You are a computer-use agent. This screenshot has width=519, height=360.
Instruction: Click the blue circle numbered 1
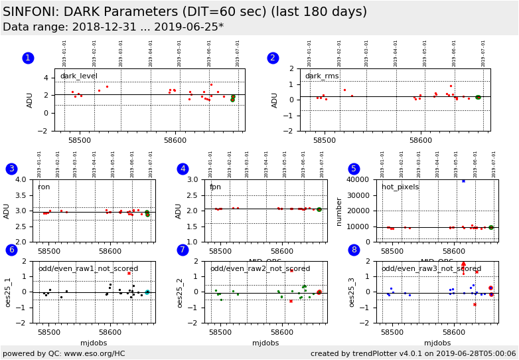tap(28, 58)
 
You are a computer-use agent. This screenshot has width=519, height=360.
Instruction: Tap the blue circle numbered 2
tap(273, 58)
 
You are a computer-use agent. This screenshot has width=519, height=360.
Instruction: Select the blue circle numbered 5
tap(354, 169)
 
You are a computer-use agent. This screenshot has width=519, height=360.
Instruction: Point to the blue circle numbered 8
tap(354, 250)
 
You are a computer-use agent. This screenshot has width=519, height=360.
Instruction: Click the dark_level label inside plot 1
tap(78, 76)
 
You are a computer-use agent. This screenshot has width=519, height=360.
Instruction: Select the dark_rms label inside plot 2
tap(322, 76)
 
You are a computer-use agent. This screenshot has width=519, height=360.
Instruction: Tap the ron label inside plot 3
tap(44, 187)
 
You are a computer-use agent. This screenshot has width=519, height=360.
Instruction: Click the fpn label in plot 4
tap(215, 187)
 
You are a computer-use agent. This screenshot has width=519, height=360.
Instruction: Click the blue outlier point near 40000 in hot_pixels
tap(463, 181)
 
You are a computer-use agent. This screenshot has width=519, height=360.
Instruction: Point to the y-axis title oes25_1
tap(7, 292)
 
